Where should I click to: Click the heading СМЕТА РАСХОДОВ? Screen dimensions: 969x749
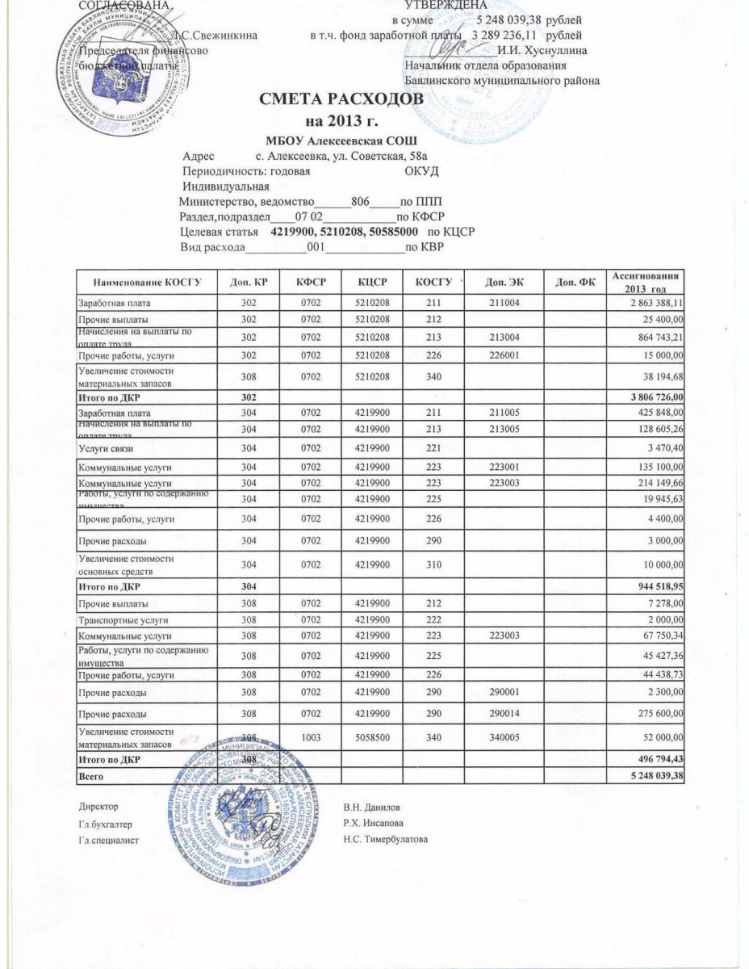pos(340,99)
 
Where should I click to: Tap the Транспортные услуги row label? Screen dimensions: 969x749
pos(111,620)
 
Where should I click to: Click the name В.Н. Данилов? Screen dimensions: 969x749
pos(370,807)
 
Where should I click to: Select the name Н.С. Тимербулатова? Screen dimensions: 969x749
pos(386,840)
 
